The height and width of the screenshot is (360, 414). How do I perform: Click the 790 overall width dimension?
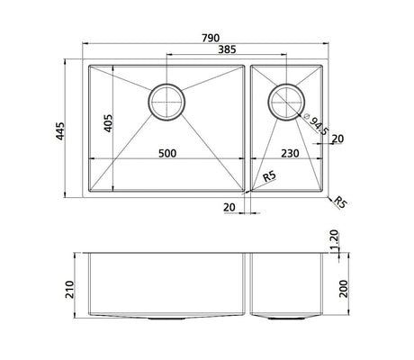tap(211, 38)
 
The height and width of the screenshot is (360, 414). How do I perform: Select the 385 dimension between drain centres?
tap(227, 49)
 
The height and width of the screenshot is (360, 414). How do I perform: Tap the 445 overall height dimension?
tap(60, 130)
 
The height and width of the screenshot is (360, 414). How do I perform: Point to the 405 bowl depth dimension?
tap(108, 123)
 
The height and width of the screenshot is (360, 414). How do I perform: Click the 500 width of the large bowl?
tap(167, 153)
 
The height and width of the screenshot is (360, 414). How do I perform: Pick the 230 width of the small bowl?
tap(290, 153)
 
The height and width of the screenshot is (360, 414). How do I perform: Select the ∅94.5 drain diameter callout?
tap(317, 125)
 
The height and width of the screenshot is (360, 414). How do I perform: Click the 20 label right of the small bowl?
tap(337, 139)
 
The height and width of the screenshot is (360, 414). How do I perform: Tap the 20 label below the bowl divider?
tap(229, 207)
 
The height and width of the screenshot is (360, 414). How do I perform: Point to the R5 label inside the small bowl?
tap(270, 176)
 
